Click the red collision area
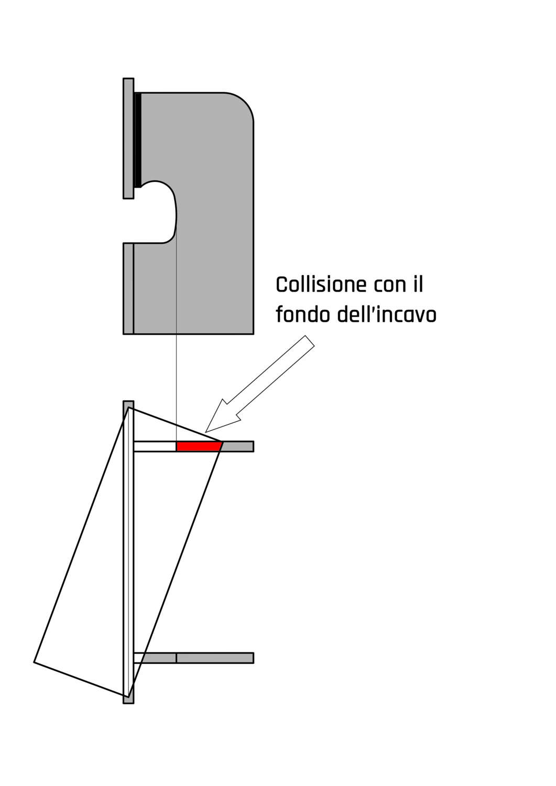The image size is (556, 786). tap(198, 446)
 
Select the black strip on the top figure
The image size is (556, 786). tap(137, 139)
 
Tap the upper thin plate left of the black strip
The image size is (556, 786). tap(128, 138)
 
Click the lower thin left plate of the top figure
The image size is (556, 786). tap(128, 288)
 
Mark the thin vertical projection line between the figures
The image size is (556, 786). tap(177, 367)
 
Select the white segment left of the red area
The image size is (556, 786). tap(155, 446)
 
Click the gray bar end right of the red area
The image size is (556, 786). tap(238, 446)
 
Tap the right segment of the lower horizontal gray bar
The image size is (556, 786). tap(215, 658)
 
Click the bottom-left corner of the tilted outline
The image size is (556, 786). tap(35, 662)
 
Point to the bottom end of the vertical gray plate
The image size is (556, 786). tap(128, 700)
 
